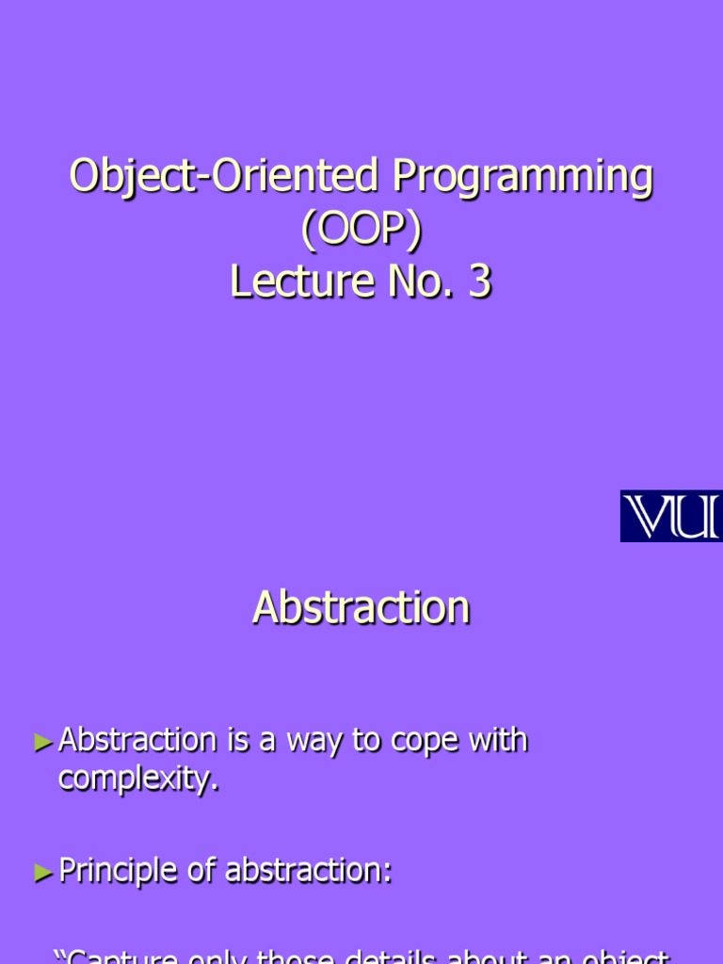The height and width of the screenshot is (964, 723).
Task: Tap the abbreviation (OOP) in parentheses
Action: (361, 230)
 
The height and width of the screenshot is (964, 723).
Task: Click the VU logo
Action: (670, 516)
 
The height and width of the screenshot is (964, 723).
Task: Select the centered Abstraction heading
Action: (361, 607)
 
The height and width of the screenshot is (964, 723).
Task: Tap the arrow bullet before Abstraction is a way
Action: (43, 743)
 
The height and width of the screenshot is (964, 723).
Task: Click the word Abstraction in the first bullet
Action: (137, 741)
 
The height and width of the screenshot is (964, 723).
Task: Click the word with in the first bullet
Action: (499, 741)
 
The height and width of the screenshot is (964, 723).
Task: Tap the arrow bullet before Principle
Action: (43, 874)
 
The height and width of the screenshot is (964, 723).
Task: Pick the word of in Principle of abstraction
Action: (201, 872)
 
